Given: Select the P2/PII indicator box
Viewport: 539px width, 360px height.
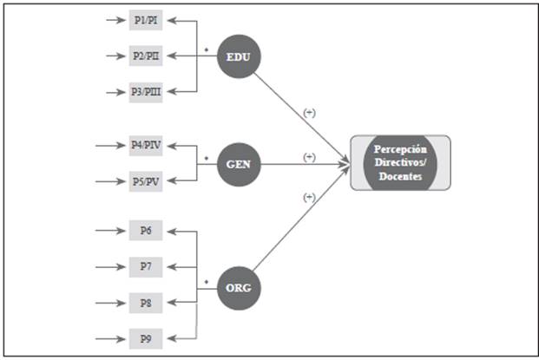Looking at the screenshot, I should (x=145, y=56).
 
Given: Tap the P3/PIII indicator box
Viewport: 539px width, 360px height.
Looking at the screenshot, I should (x=145, y=92).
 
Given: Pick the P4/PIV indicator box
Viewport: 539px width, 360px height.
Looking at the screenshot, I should (x=145, y=146).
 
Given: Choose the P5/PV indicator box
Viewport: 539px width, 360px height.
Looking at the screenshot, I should (x=145, y=181).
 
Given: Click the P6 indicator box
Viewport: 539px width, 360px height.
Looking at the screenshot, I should (x=145, y=231).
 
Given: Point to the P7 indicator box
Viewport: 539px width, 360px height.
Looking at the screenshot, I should (x=145, y=266).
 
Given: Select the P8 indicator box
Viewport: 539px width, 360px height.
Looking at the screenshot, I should (x=145, y=303).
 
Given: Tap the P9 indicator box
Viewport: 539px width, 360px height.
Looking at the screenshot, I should (x=145, y=337).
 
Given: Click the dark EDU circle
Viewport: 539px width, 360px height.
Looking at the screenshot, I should (x=239, y=56).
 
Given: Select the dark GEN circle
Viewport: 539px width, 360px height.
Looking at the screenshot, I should (x=239, y=163).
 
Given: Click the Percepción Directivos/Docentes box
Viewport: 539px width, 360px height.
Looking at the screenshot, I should (x=400, y=163).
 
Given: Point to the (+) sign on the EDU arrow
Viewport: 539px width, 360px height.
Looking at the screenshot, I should (x=308, y=113).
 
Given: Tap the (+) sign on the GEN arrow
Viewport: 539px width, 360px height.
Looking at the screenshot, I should (x=308, y=156).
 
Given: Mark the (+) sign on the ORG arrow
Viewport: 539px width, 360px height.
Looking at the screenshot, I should (x=308, y=198).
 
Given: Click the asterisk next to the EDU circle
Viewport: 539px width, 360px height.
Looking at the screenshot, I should (x=206, y=50).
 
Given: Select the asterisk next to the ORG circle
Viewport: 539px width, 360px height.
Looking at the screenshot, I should (x=206, y=281).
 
